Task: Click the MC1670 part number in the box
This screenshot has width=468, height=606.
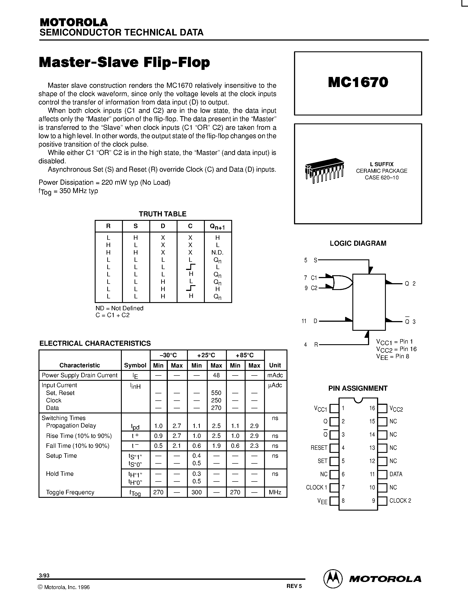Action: pyautogui.click(x=358, y=82)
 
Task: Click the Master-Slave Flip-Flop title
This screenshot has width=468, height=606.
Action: pyautogui.click(x=124, y=62)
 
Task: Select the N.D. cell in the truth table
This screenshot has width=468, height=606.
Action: pyautogui.click(x=217, y=253)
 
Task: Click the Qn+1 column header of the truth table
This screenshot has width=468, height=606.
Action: pyautogui.click(x=217, y=227)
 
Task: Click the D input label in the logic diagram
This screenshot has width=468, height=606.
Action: pyautogui.click(x=315, y=321)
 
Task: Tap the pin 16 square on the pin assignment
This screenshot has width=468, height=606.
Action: pyautogui.click(x=382, y=408)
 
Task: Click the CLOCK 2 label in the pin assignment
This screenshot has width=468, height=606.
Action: pyautogui.click(x=400, y=501)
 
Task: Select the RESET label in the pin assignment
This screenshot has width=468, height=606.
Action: pyautogui.click(x=319, y=448)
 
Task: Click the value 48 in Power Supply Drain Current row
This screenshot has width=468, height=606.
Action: pyautogui.click(x=216, y=375)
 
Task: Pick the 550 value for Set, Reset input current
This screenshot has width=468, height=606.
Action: pyautogui.click(x=216, y=393)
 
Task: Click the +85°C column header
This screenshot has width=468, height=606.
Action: pyautogui.click(x=245, y=355)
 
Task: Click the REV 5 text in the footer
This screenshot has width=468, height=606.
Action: pyautogui.click(x=294, y=586)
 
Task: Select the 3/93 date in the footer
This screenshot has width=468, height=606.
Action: pyautogui.click(x=44, y=575)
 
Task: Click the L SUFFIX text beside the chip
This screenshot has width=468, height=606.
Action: pyautogui.click(x=382, y=164)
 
